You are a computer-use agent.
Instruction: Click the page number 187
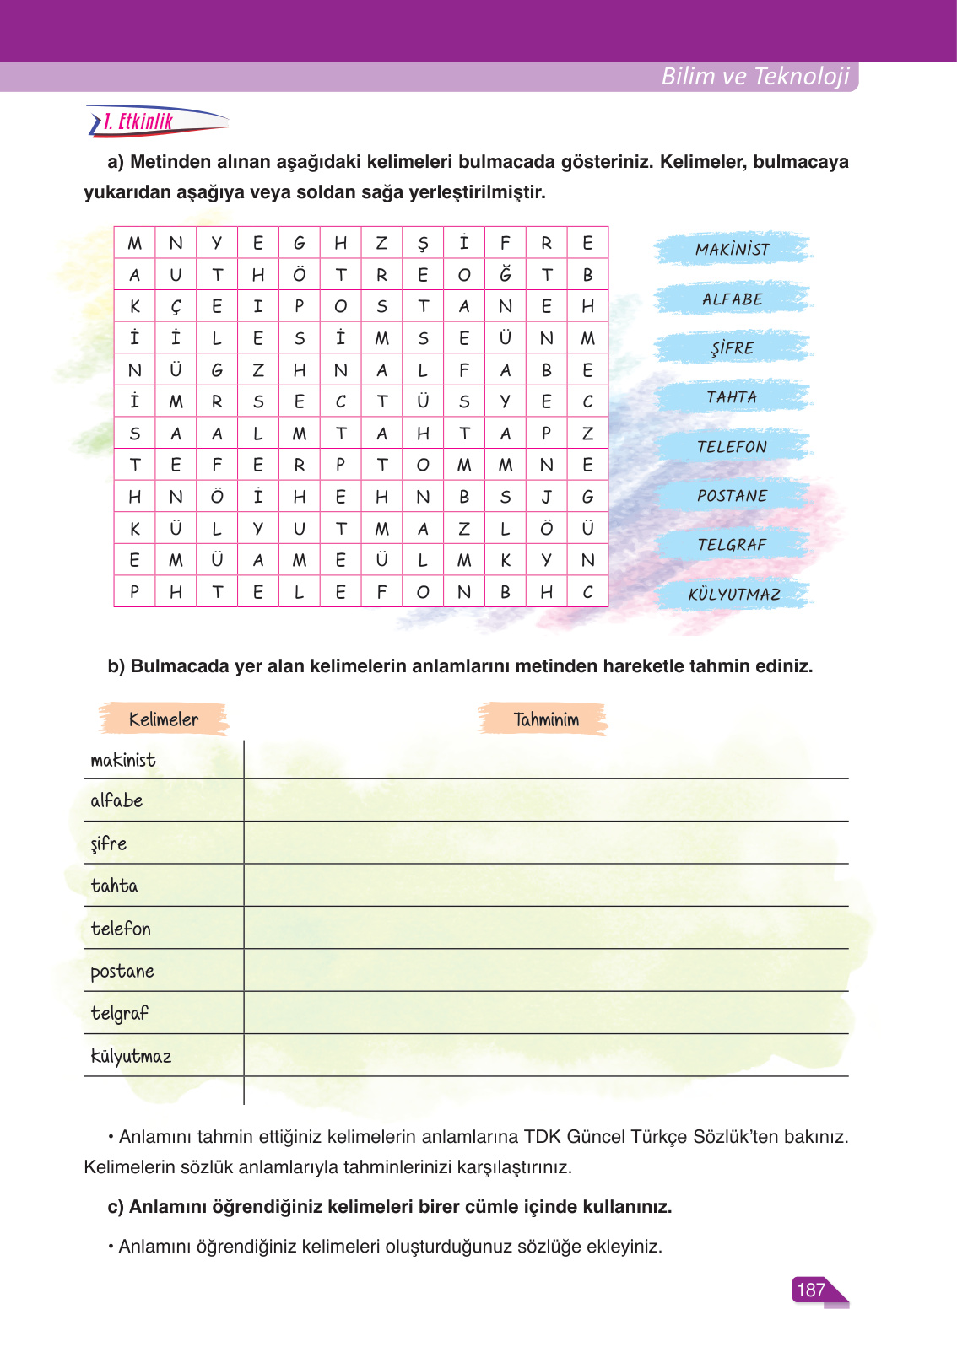pyautogui.click(x=811, y=1290)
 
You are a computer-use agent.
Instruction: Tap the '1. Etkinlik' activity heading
pyautogui.click(x=138, y=122)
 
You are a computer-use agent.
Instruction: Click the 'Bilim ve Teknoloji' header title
pyautogui.click(x=754, y=76)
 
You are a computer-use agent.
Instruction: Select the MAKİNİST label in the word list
pyautogui.click(x=733, y=250)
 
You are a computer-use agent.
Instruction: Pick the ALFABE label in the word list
pyautogui.click(x=733, y=299)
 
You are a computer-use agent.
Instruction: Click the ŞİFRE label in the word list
pyautogui.click(x=733, y=348)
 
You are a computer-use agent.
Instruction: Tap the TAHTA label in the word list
pyautogui.click(x=732, y=397)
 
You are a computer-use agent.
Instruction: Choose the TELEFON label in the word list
pyautogui.click(x=733, y=447)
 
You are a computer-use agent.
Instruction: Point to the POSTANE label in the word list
pyautogui.click(x=733, y=496)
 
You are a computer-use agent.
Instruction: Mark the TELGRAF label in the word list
pyautogui.click(x=733, y=545)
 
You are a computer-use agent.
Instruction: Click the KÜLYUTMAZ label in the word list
pyautogui.click(x=734, y=594)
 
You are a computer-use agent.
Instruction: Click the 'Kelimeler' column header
pyautogui.click(x=164, y=719)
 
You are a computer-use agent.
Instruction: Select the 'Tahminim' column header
pyautogui.click(x=546, y=719)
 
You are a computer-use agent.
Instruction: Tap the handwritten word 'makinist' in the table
pyautogui.click(x=123, y=760)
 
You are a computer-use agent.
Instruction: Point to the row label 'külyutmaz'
pyautogui.click(x=131, y=1056)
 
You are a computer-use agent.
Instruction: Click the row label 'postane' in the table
pyautogui.click(x=122, y=972)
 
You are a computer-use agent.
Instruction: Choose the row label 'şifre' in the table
pyautogui.click(x=109, y=844)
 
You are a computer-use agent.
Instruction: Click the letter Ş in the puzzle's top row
pyautogui.click(x=423, y=244)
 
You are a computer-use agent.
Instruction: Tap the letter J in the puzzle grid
pyautogui.click(x=547, y=497)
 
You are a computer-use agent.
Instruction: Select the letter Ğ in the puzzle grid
pyautogui.click(x=506, y=274)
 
